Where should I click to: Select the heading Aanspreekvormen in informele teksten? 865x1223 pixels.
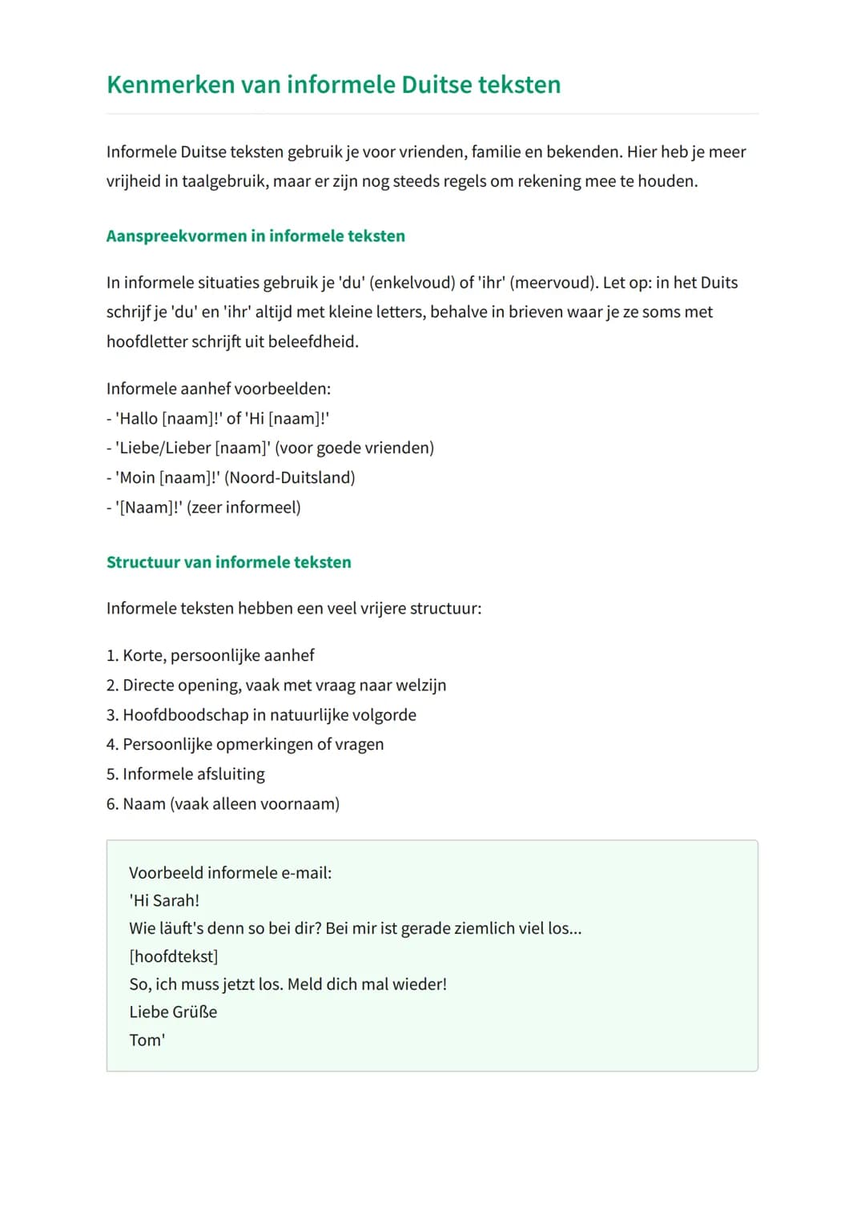[x=255, y=236]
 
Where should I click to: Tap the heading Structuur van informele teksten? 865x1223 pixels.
[x=228, y=562]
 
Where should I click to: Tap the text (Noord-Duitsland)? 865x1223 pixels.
[x=290, y=478]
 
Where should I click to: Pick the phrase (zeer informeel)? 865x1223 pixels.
[x=243, y=508]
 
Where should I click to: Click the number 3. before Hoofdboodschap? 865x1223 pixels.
[x=112, y=715]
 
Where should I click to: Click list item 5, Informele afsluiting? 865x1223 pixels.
[x=193, y=774]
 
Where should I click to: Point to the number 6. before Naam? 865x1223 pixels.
[x=112, y=804]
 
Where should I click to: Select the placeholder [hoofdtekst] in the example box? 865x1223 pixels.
[x=173, y=957]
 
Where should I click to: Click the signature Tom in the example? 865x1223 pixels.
[x=145, y=1040]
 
